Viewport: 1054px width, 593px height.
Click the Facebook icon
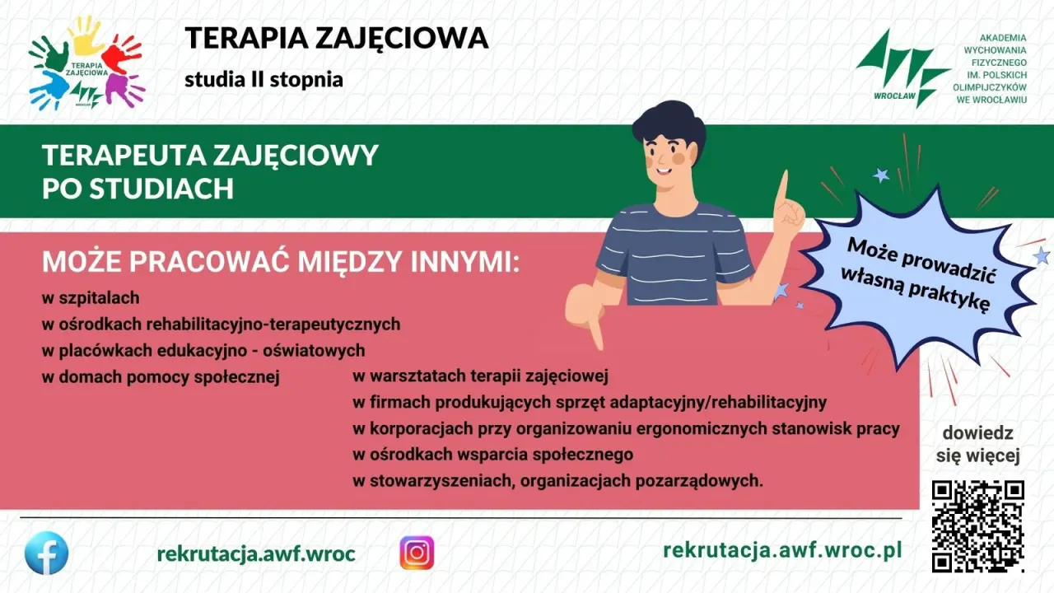(46, 553)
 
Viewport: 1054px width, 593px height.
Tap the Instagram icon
(417, 553)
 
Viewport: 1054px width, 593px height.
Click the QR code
(977, 525)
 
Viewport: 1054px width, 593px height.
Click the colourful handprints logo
(86, 63)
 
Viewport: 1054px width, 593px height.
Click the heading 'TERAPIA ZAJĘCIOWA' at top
(336, 38)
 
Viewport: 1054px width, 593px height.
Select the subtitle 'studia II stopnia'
(263, 81)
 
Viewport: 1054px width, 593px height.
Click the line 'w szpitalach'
(91, 297)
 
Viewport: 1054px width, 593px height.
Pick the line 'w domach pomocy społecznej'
(161, 377)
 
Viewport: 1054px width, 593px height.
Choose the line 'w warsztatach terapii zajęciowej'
(480, 377)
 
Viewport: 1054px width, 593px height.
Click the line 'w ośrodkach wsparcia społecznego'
(492, 454)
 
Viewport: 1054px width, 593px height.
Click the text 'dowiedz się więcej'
(978, 445)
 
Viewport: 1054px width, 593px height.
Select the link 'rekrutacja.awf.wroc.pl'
(782, 549)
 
